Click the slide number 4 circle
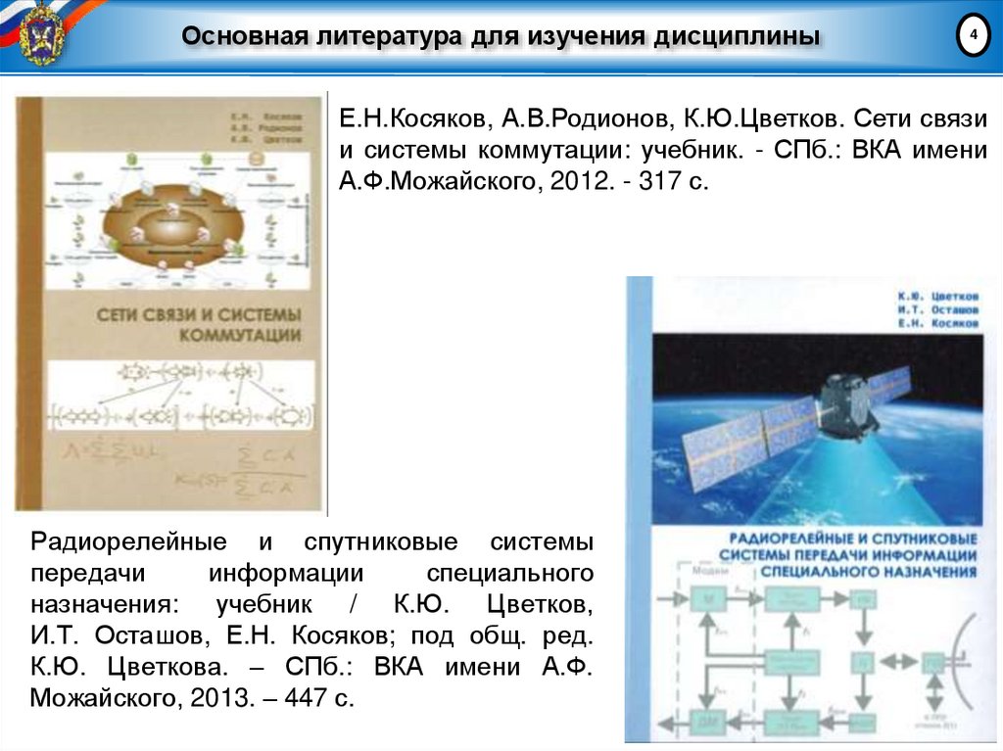coord(973,36)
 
